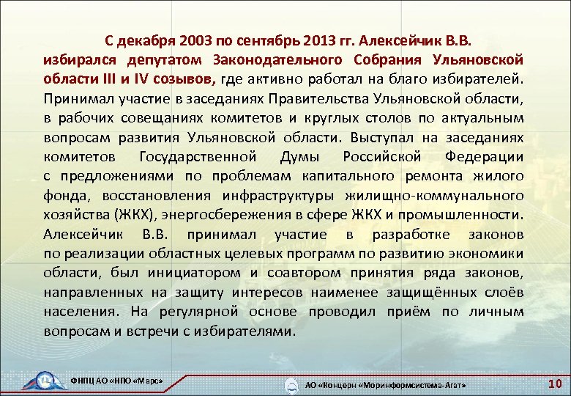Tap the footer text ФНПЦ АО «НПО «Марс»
click(x=115, y=383)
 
